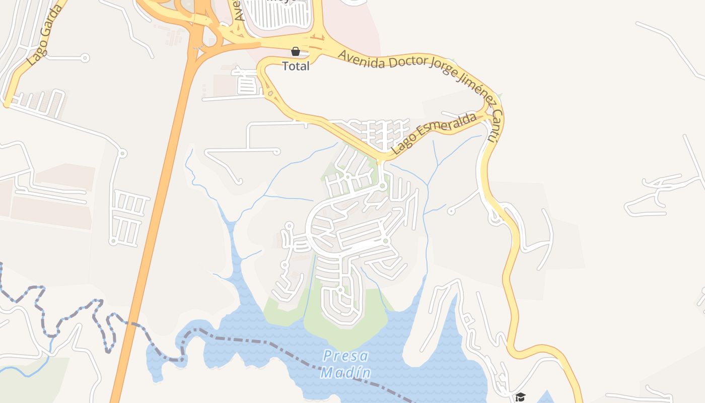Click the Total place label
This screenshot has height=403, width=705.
[x=296, y=66]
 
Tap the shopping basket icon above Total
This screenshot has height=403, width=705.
[x=296, y=51]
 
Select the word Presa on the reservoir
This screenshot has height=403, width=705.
[x=346, y=356]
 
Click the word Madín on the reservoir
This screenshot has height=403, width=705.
[x=346, y=373]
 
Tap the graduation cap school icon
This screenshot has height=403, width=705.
[x=520, y=397]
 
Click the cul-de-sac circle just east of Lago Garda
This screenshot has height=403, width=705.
[x=85, y=58]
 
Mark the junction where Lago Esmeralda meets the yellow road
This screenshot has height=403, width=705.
[x=381, y=160]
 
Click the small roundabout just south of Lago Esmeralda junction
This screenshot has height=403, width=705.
[x=383, y=186]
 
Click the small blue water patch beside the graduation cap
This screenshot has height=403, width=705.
[x=544, y=398]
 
